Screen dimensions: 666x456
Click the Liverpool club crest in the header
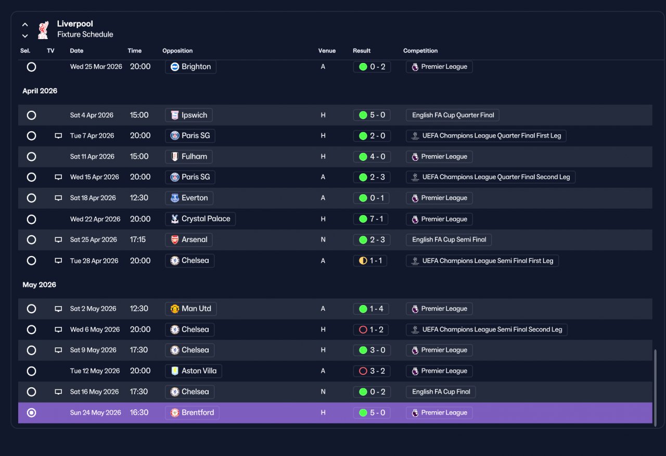click(43, 30)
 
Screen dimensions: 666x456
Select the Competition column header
click(420, 50)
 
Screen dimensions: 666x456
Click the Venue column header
click(327, 50)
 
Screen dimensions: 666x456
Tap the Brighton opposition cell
click(190, 67)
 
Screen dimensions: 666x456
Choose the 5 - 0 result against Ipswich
click(372, 115)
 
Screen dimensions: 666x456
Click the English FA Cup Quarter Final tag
click(453, 115)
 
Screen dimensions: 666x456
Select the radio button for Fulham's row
click(31, 157)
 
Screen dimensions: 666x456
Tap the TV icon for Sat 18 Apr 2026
click(58, 198)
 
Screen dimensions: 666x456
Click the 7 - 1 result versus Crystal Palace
click(371, 219)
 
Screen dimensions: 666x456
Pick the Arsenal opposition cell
click(189, 240)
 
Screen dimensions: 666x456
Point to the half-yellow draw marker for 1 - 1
click(363, 261)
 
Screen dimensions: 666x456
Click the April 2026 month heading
click(40, 91)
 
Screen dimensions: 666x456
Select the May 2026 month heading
click(39, 285)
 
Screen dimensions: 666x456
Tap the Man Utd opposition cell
click(191, 309)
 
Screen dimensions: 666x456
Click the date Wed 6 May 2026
click(95, 330)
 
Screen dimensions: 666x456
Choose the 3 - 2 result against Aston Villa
click(372, 371)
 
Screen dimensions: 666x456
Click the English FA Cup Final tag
click(441, 392)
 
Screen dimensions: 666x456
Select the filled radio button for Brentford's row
click(31, 413)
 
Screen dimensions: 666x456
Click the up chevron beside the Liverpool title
click(25, 24)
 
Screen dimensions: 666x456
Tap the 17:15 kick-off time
click(138, 240)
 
